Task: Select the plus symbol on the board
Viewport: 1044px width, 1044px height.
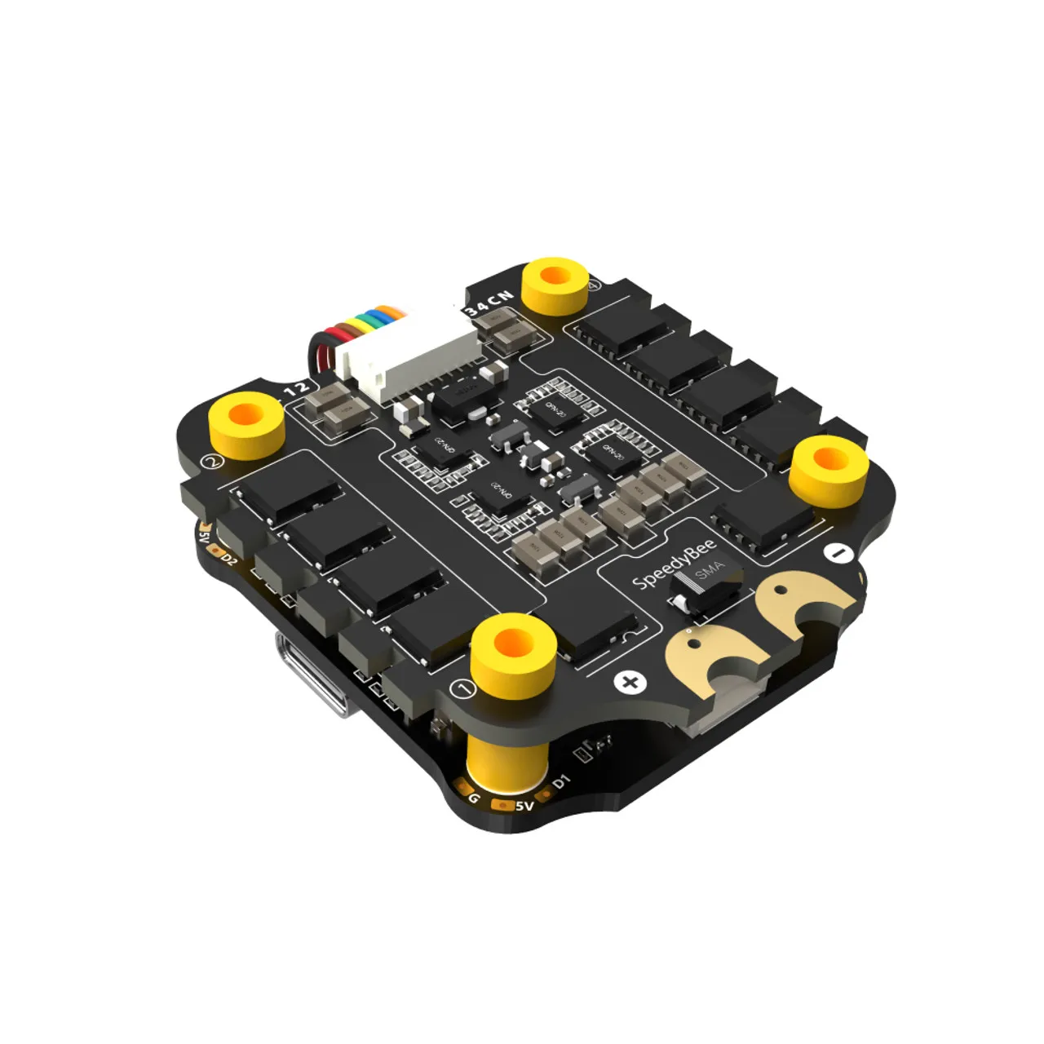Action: [630, 682]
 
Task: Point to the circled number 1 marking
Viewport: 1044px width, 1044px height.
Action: [464, 690]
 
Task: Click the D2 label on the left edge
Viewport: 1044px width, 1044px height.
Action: [229, 560]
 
